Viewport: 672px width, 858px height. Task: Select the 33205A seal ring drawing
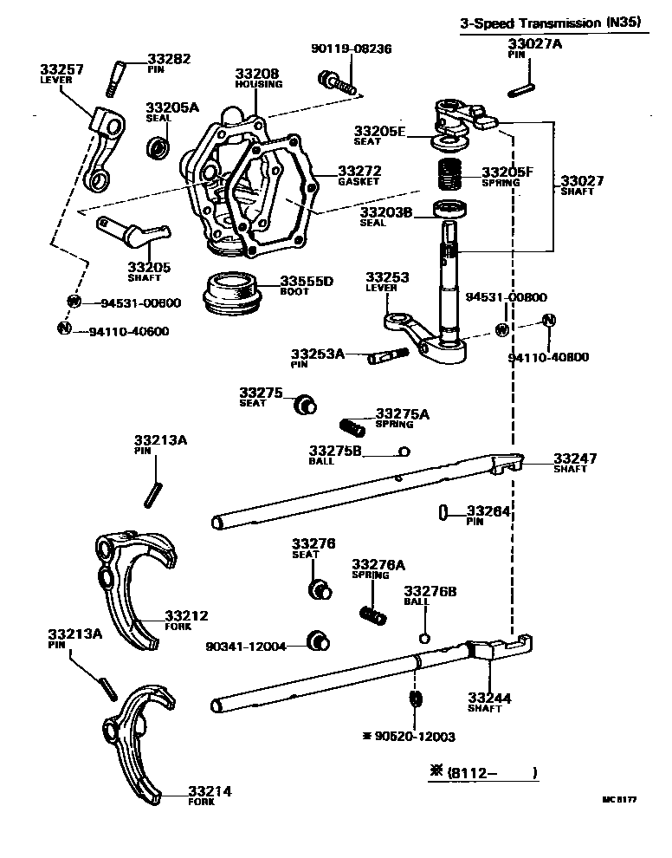click(x=158, y=147)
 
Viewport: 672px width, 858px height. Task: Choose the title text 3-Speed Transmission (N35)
click(x=551, y=23)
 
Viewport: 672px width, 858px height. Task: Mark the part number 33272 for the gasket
click(x=335, y=172)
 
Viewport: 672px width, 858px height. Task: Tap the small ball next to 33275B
click(x=404, y=451)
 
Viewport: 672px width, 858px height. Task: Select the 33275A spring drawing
click(x=352, y=426)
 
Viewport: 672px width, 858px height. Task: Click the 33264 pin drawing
click(x=443, y=512)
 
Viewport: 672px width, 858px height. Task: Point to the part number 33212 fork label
click(x=186, y=615)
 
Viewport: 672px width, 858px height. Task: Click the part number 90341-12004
click(x=245, y=647)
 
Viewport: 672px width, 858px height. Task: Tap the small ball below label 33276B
click(x=423, y=638)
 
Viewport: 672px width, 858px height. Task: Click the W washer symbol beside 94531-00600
click(x=74, y=302)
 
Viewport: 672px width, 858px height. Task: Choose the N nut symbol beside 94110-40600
click(x=63, y=328)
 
